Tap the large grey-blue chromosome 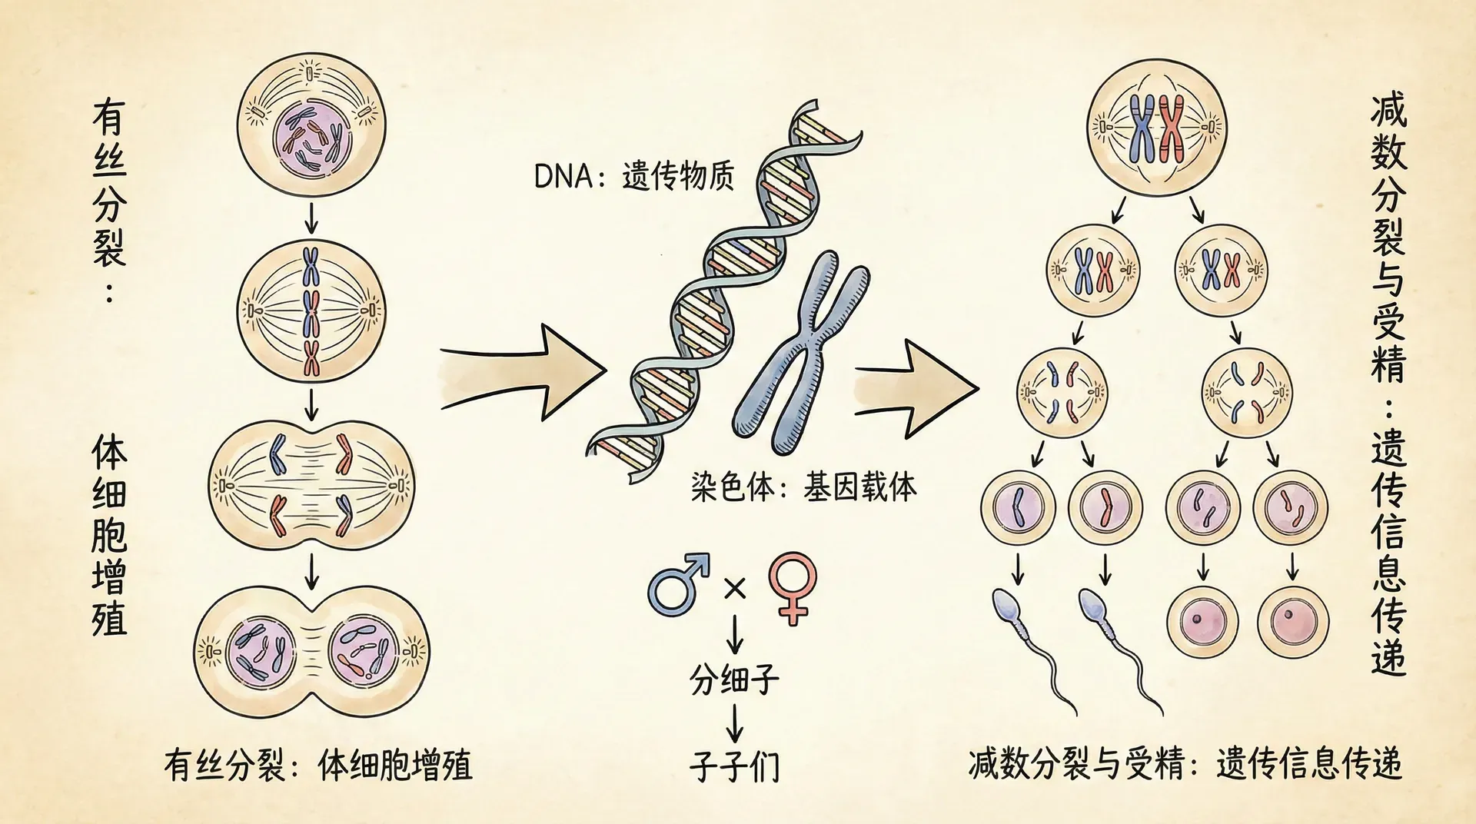pos(799,354)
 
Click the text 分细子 pos(734,680)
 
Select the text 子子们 pos(734,766)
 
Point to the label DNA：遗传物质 pos(633,177)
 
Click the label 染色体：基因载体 pos(803,487)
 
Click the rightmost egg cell pos(1293,621)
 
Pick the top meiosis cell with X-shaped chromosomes pos(1157,127)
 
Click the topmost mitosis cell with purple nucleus pos(311,127)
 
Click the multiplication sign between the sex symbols pos(735,589)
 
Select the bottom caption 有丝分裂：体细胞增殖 pos(317,766)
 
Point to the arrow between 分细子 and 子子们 pos(734,724)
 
